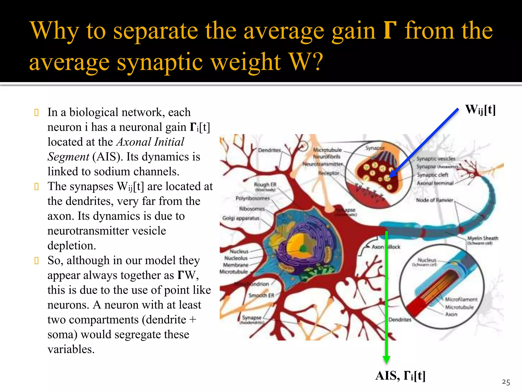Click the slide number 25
506,382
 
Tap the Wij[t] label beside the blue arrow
480,110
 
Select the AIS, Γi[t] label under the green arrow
400,376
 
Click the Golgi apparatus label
241,218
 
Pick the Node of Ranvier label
435,200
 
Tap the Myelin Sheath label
482,238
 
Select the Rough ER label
265,184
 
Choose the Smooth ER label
261,295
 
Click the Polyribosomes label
252,198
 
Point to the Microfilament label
461,299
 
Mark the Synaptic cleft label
433,175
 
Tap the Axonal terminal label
435,183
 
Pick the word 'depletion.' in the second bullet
72,246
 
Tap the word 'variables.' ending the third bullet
71,349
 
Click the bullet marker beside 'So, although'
36,261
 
